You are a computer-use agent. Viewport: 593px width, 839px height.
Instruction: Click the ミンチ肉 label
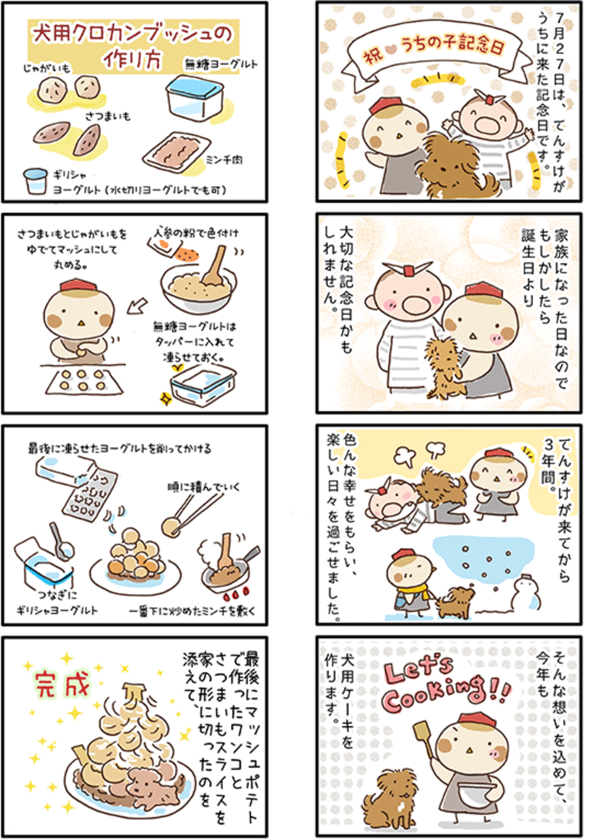point(224,160)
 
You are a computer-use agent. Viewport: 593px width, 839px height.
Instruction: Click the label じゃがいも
point(47,68)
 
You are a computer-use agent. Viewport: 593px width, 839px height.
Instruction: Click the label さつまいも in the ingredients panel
point(108,116)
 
